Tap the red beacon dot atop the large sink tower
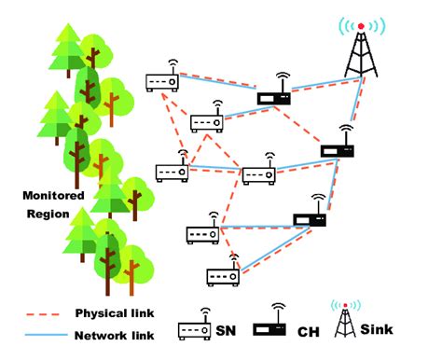tap(361, 24)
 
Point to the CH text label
tap(308, 330)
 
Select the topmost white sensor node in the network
tap(162, 81)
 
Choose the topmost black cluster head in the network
tap(274, 95)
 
